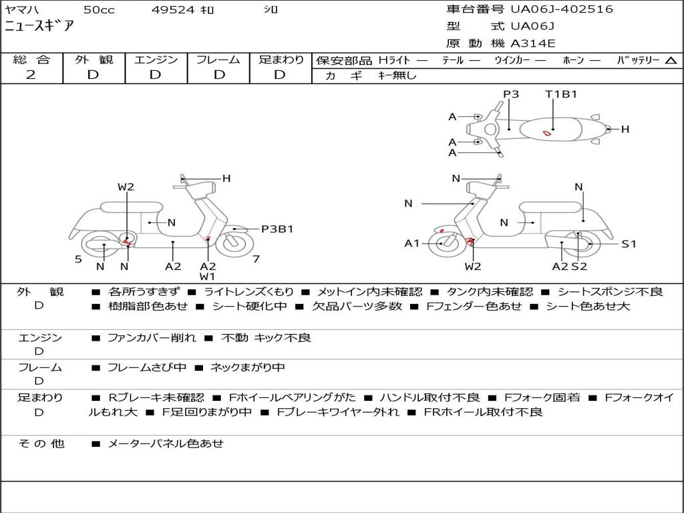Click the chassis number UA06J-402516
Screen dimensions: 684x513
pos(562,9)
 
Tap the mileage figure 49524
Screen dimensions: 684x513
pos(173,9)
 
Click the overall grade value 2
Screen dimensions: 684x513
pos(31,75)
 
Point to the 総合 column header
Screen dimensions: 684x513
pos(31,59)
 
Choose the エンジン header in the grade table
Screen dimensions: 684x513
pos(156,59)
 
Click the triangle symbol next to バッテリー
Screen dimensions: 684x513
pos(671,60)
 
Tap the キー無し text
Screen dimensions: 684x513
pos(397,75)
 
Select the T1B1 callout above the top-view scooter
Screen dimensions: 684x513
pos(561,94)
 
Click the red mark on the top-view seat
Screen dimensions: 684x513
pos(546,133)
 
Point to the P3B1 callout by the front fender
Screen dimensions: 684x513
pos(277,229)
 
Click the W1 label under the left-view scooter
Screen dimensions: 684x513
pos(208,276)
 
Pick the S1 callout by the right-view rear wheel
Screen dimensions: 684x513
pos(629,244)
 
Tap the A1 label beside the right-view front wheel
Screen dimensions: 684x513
pos(412,243)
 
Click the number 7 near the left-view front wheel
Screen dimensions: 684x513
pos(256,259)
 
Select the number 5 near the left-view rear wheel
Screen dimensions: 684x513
pos(78,259)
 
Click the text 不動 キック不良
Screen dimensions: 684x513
pos(266,337)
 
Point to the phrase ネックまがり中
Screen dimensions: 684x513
pos(247,367)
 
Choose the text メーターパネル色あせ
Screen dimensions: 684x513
pos(166,444)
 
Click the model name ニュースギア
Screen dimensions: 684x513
pos(39,26)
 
